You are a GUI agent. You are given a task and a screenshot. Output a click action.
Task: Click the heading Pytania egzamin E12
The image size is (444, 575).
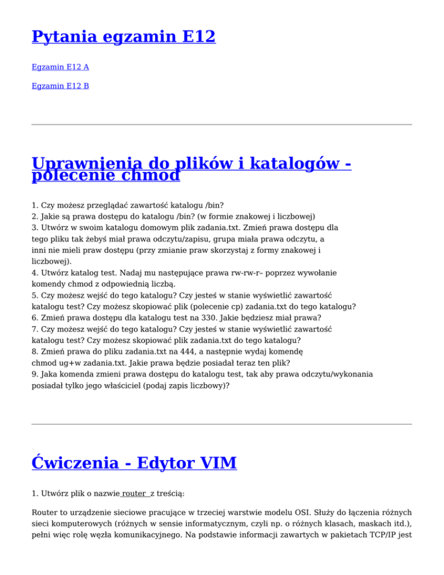point(124,38)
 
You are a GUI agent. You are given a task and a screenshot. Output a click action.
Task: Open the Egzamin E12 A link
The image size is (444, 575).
point(60,67)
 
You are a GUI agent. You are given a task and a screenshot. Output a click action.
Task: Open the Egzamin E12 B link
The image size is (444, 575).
point(60,86)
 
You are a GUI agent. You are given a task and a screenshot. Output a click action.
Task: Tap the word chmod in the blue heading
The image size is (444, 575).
point(151,175)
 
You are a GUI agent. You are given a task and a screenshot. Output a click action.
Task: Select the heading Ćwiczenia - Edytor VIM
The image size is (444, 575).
point(134,463)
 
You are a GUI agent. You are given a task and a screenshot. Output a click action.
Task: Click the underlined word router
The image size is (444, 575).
point(134,493)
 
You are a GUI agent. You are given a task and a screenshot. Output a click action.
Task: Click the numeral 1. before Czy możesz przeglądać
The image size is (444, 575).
point(35,205)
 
